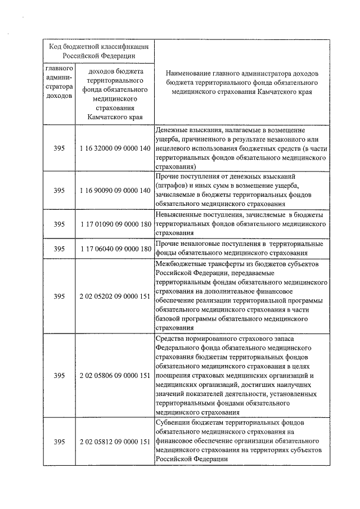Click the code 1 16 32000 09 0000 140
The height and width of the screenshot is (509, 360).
(115, 148)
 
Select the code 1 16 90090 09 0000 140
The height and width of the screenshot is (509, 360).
(115, 191)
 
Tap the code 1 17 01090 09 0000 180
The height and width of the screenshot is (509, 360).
(115, 224)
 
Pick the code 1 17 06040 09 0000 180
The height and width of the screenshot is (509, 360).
(115, 249)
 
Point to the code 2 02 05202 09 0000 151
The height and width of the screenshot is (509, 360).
(115, 296)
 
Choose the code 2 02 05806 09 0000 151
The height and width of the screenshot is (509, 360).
(115, 376)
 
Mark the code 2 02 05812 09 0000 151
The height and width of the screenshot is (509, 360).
(115, 442)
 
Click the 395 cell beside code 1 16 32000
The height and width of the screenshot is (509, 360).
(60, 148)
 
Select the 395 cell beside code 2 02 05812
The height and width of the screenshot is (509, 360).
(60, 442)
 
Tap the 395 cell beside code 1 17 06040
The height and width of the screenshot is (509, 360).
(60, 249)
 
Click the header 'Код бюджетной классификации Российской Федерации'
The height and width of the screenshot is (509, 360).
(98, 52)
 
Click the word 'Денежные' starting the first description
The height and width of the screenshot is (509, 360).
(173, 130)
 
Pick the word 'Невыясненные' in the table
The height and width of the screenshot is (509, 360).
(181, 215)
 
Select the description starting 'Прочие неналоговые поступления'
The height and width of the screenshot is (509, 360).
(239, 248)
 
